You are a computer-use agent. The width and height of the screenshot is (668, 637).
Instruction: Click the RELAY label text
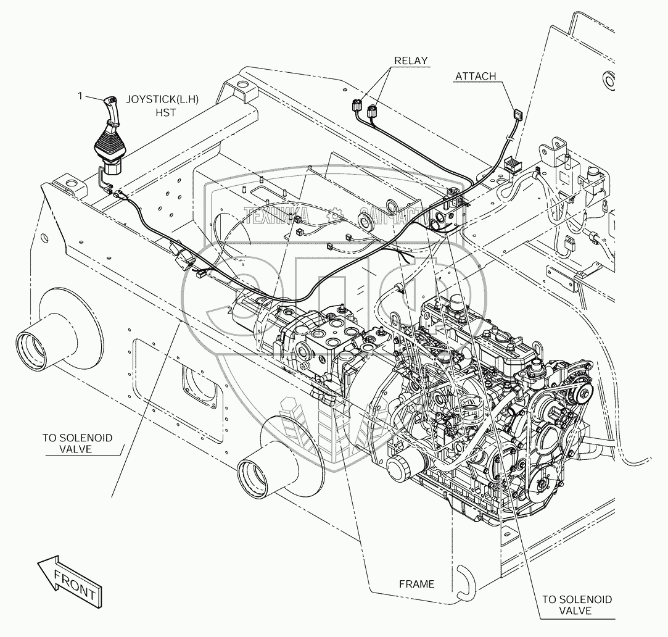[411, 60]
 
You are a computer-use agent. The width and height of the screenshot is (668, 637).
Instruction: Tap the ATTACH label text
[475, 77]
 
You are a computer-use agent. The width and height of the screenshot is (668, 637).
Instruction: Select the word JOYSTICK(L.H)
[157, 99]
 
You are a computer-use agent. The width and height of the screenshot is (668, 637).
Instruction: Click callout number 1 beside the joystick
[80, 96]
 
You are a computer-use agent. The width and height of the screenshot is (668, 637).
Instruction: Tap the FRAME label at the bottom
[416, 584]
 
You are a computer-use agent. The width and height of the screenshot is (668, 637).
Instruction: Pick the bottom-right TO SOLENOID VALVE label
[577, 605]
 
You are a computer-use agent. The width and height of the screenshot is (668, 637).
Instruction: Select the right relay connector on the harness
[372, 112]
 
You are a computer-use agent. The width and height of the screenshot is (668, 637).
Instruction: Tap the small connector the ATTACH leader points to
[516, 115]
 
